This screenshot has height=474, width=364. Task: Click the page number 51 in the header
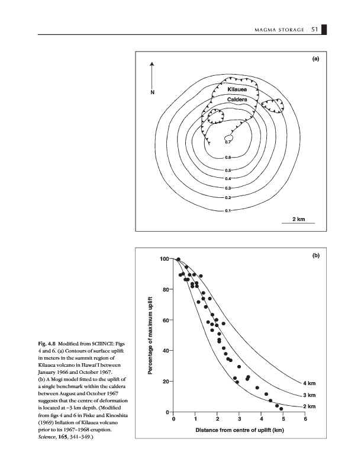(x=315, y=30)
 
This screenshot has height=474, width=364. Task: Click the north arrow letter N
(x=152, y=92)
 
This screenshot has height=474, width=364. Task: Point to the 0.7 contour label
(x=228, y=142)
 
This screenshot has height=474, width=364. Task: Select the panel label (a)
(x=315, y=59)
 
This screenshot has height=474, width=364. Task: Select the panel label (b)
(x=315, y=255)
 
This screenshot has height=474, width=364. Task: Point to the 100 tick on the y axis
(x=164, y=259)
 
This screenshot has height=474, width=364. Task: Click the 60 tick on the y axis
(x=165, y=321)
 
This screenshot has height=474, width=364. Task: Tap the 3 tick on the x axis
(x=239, y=419)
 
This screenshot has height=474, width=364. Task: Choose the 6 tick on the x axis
(x=305, y=419)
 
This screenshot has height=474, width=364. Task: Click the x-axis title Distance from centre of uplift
(x=240, y=430)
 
